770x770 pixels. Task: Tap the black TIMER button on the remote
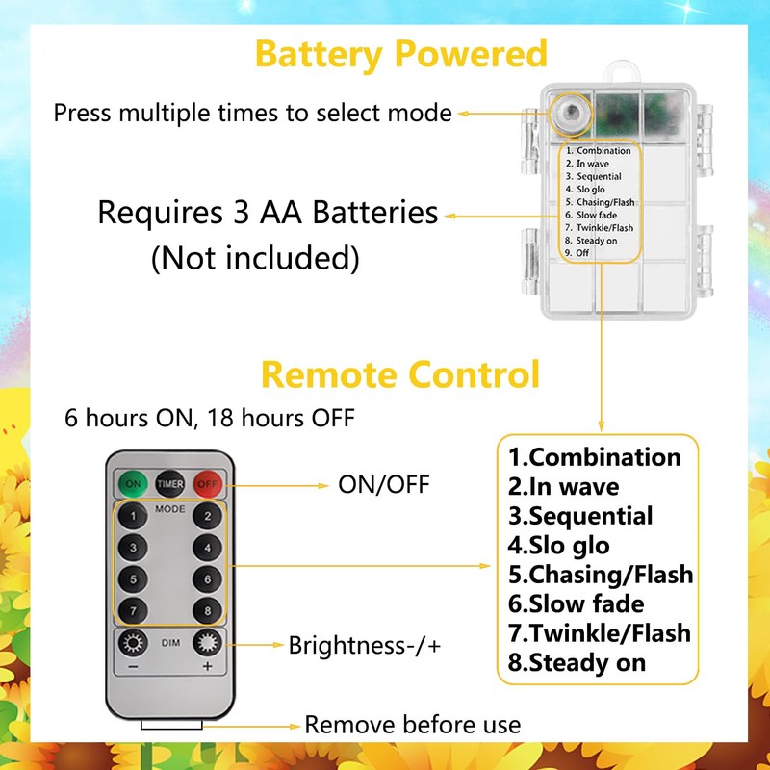169,483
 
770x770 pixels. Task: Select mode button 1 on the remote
134,517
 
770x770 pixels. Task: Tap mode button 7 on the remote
134,610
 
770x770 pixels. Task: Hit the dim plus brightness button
204,643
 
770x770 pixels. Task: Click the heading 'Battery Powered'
400,53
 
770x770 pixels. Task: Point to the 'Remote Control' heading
400,373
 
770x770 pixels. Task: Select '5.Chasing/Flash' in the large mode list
601,575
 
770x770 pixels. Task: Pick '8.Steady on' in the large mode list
577,661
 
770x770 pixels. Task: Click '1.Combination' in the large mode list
594,457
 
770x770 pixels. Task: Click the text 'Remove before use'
412,725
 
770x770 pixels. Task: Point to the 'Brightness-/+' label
365,645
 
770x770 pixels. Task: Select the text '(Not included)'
255,258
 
